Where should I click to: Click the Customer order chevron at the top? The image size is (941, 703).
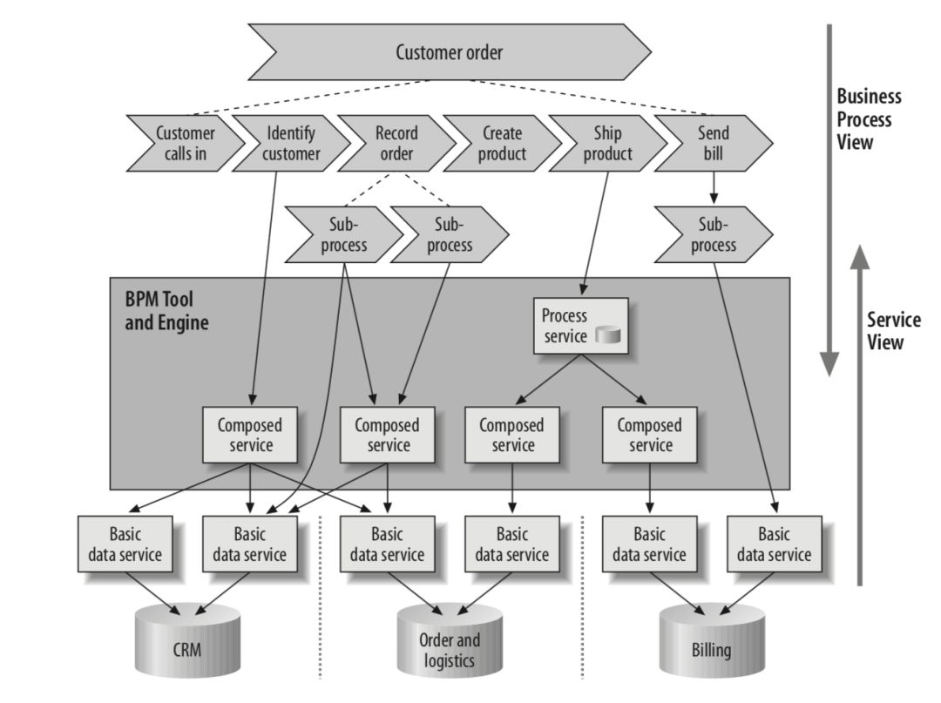point(450,52)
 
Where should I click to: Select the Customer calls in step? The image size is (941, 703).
point(183,145)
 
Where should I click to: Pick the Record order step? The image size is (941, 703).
point(396,145)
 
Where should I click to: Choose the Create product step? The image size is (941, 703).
point(502,145)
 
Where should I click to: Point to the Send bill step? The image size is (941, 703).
point(714,145)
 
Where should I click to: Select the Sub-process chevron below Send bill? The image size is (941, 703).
point(713,235)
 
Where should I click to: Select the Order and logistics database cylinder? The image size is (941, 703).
point(450,649)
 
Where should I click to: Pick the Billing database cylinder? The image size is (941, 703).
point(711,647)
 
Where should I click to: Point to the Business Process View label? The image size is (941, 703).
point(868,119)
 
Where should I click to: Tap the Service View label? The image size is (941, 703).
point(893,331)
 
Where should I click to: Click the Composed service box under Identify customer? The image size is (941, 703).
point(251,435)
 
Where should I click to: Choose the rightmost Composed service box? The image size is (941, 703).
point(649,435)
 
